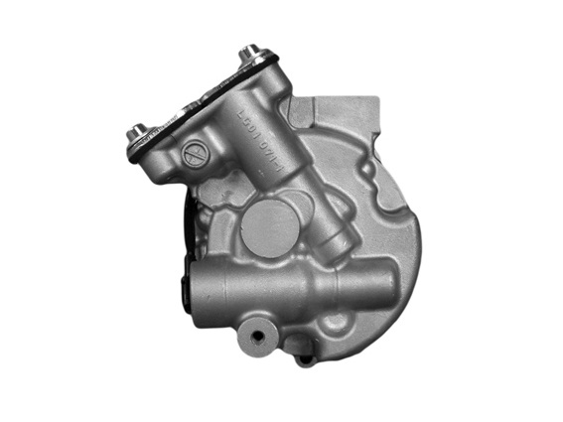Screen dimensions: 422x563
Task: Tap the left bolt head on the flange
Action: (x=137, y=129)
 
